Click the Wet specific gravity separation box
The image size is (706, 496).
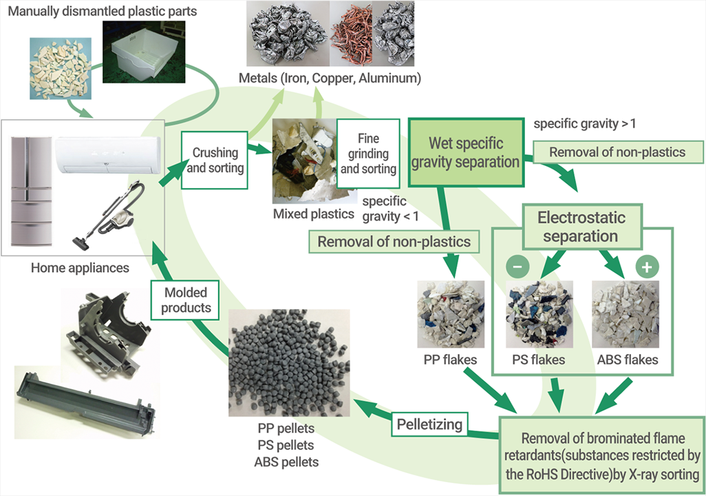(466, 153)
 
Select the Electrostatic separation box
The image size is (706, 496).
(581, 227)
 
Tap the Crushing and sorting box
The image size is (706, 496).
(215, 159)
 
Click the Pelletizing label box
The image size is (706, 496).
(429, 424)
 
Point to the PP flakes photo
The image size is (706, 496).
(451, 314)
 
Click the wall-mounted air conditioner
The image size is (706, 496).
(108, 152)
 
